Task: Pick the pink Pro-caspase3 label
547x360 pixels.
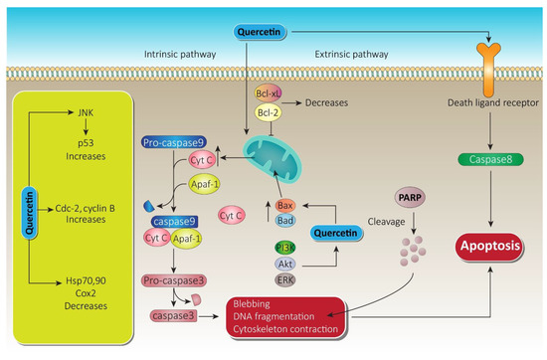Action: pos(172,282)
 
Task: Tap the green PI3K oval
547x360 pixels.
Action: pos(284,246)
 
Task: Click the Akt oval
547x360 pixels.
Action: pos(284,264)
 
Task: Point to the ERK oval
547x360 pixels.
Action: pos(284,281)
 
